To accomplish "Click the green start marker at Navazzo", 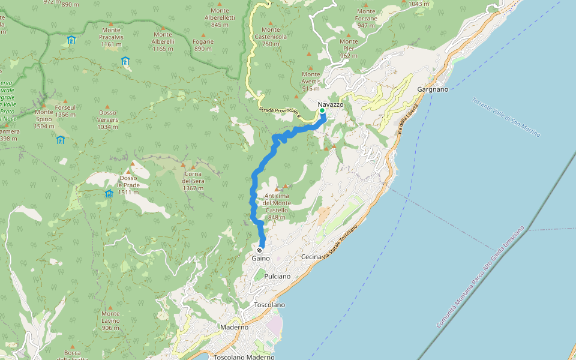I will coord(322,111).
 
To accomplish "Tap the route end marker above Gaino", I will coord(260,250).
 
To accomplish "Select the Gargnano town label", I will coord(433,89).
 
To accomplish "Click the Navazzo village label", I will coord(331,104).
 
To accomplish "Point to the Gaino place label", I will coord(260,258).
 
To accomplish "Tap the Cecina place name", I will coord(311,257).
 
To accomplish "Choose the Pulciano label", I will coord(277,277).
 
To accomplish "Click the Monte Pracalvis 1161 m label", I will coord(112,37).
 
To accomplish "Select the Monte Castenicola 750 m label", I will coord(271,37).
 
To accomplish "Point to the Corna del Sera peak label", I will coord(194,181).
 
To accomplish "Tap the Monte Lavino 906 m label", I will coord(110,320).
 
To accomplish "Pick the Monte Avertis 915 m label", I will coord(311,81).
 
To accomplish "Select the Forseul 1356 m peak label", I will coord(65,111).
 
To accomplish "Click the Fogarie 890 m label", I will coord(203,45).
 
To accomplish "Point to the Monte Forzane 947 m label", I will coord(366,18).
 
